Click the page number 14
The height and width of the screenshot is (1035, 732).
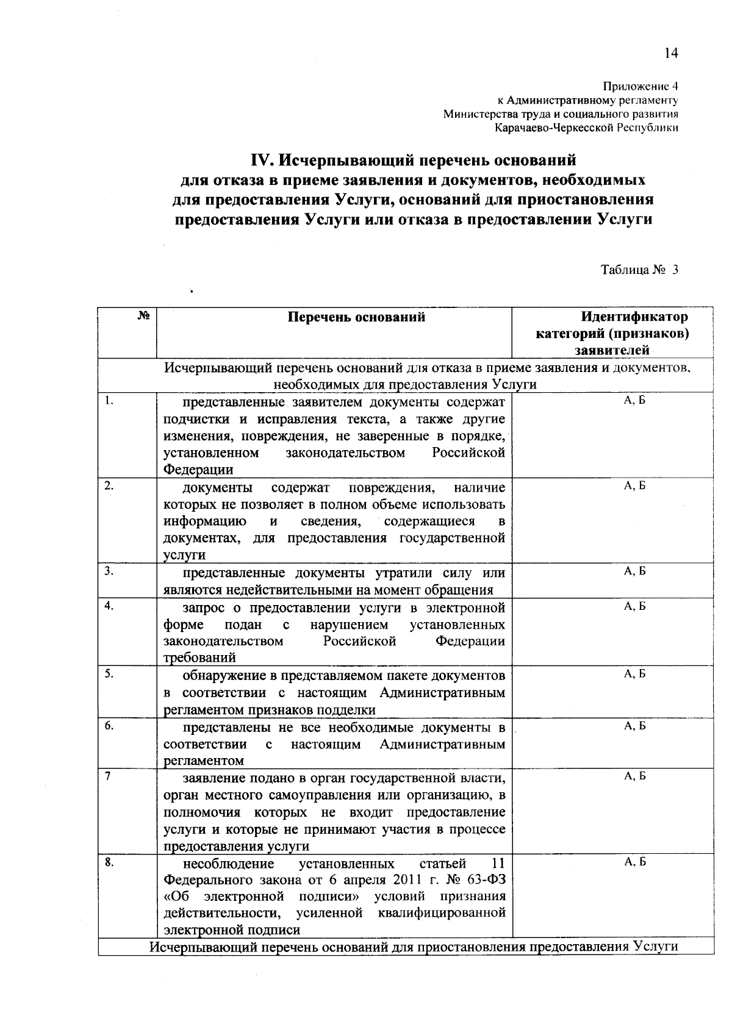[671, 54]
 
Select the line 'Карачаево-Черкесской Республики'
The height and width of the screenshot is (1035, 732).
[586, 128]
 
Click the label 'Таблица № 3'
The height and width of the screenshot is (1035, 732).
[639, 270]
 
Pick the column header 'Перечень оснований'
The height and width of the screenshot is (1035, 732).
[356, 317]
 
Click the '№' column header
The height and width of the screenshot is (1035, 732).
[144, 315]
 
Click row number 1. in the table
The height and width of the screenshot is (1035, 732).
[109, 401]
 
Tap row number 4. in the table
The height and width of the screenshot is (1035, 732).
[109, 606]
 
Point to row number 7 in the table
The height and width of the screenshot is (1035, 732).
[107, 776]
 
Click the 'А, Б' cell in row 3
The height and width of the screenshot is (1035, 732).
[634, 571]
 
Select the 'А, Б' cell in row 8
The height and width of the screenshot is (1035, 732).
[634, 862]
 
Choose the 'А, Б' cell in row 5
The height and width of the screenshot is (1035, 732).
[634, 674]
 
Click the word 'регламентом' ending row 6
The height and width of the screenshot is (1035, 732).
[204, 761]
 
